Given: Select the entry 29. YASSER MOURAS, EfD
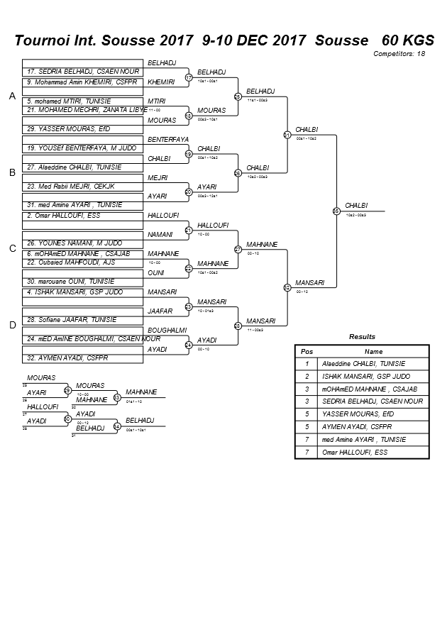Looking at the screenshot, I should click(83, 129).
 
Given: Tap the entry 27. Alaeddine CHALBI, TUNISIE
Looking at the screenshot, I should click(83, 167).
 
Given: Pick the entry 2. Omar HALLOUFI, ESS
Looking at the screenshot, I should click(83, 215).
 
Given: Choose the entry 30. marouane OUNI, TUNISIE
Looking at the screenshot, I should click(83, 282).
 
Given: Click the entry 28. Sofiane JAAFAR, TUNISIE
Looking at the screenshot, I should click(83, 320).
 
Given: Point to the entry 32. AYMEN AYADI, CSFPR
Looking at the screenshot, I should click(83, 358).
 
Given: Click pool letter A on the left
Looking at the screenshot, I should click(12, 96).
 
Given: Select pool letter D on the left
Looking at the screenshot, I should click(12, 325).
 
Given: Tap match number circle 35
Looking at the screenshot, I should click(336, 211).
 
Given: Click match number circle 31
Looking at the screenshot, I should click(287, 134).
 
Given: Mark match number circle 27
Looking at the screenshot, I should click(238, 249).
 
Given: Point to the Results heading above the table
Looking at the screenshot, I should click(362, 337).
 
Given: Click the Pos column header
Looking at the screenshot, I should click(307, 351).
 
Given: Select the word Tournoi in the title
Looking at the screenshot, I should click(43, 39).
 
